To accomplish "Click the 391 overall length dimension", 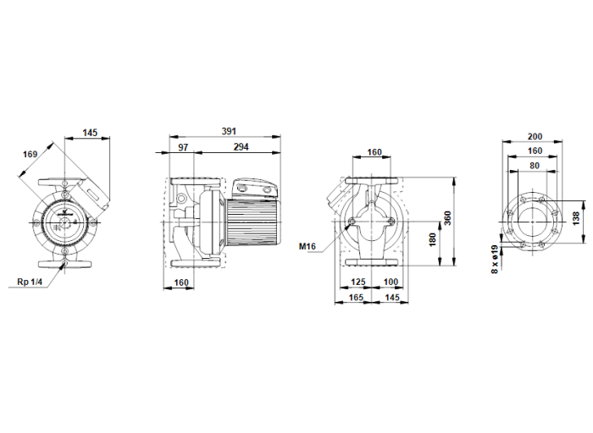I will [x=228, y=131].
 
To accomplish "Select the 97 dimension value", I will [x=184, y=147].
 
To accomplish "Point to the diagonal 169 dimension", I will [x=30, y=154].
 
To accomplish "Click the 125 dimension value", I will [x=358, y=282].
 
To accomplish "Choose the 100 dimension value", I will [x=391, y=282].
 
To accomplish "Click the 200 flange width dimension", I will [x=535, y=135].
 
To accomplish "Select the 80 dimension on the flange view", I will [x=535, y=166].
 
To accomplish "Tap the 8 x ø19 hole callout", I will [x=494, y=256].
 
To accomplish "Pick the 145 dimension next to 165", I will [x=391, y=299].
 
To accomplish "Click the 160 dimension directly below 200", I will [x=535, y=151].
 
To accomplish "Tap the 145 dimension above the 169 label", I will [x=91, y=131].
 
